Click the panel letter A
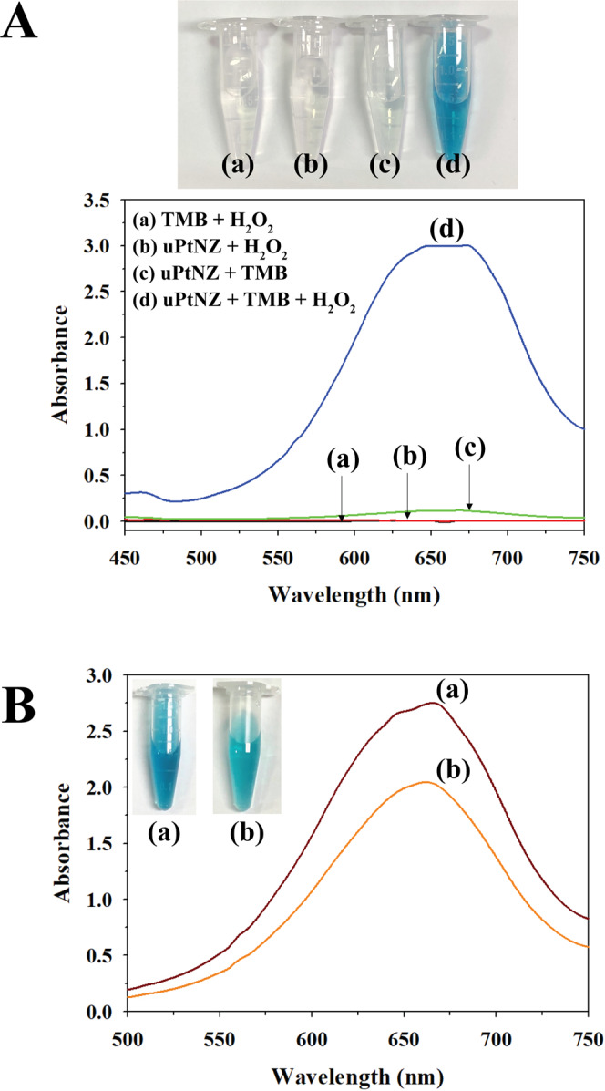(x=20, y=20)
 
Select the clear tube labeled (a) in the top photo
(x=223, y=91)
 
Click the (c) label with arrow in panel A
(x=469, y=450)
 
